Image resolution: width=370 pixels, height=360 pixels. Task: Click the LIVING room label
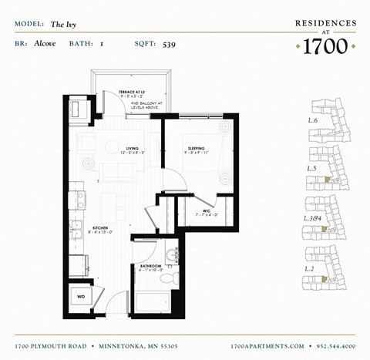tap(132, 148)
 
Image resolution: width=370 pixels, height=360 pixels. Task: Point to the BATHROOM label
tap(150, 266)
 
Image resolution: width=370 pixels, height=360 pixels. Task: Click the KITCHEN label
tap(100, 229)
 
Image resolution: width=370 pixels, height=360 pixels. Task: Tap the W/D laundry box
tap(81, 295)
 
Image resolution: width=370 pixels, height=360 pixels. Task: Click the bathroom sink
tap(172, 254)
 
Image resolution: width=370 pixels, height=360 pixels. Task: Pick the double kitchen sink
tap(76, 229)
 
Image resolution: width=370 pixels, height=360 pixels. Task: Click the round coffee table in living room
tap(113, 147)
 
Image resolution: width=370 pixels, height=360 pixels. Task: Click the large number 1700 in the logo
tap(325, 45)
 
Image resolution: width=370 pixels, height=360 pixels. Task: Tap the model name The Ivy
tap(63, 25)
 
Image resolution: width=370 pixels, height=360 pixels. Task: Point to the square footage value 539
tap(169, 44)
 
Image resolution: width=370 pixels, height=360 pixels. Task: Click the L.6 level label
tap(313, 121)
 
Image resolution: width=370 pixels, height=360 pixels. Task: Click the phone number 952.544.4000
tap(332, 347)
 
